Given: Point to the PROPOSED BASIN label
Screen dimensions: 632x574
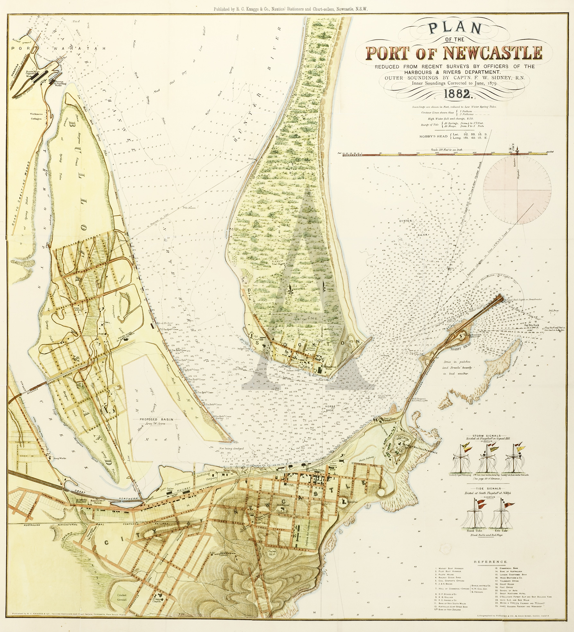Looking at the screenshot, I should click(x=156, y=420).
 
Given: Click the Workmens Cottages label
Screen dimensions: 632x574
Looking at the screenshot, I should click(x=36, y=116).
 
